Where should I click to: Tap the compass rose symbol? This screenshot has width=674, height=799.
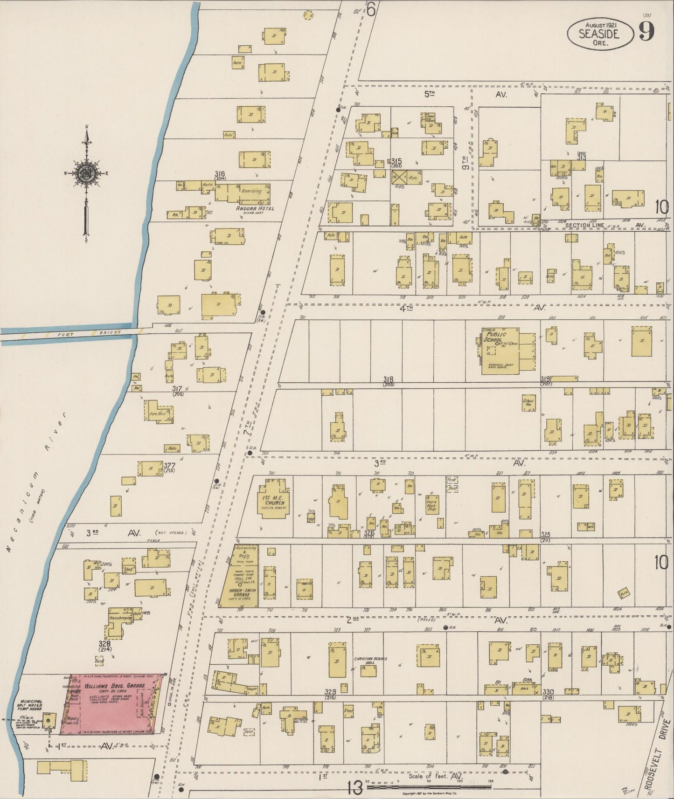(x=87, y=173)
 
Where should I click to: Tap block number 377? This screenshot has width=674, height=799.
(x=170, y=465)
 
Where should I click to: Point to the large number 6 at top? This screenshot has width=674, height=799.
(x=371, y=9)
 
